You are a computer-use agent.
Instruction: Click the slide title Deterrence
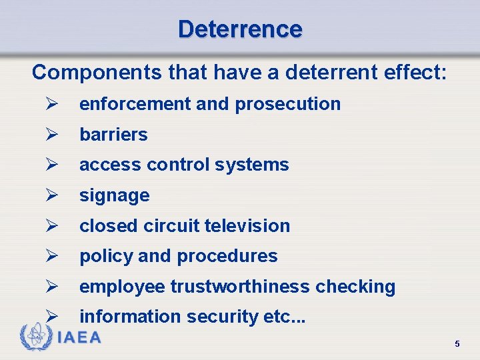pos(240,29)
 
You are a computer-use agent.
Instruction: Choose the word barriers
pos(113,135)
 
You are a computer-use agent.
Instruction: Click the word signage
pos(114,196)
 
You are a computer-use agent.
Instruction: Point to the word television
pos(247,226)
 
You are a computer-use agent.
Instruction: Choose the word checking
pos(355,287)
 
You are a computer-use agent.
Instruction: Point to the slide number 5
pos(457,344)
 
